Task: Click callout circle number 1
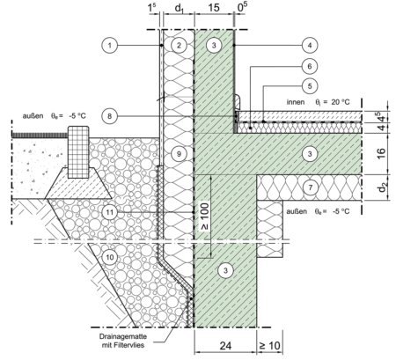coord(110,45)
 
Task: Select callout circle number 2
coord(179,45)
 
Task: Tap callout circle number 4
coord(310,45)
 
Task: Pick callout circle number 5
coord(310,86)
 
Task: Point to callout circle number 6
coord(310,66)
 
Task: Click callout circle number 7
coord(311,187)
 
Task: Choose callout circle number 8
coord(110,116)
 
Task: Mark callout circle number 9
coord(179,153)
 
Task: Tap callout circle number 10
coord(110,257)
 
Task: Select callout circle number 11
coord(110,212)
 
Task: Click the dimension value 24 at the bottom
coord(225,346)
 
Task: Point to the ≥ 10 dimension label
coord(270,346)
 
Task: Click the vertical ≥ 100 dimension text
coord(205,217)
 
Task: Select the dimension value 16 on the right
coord(381,153)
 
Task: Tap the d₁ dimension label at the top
coord(179,8)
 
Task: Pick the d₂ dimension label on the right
coord(382,187)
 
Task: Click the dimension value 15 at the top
coord(214,8)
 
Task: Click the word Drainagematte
coord(123,336)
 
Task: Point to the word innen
coord(296,102)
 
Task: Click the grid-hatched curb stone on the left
coord(78,152)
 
